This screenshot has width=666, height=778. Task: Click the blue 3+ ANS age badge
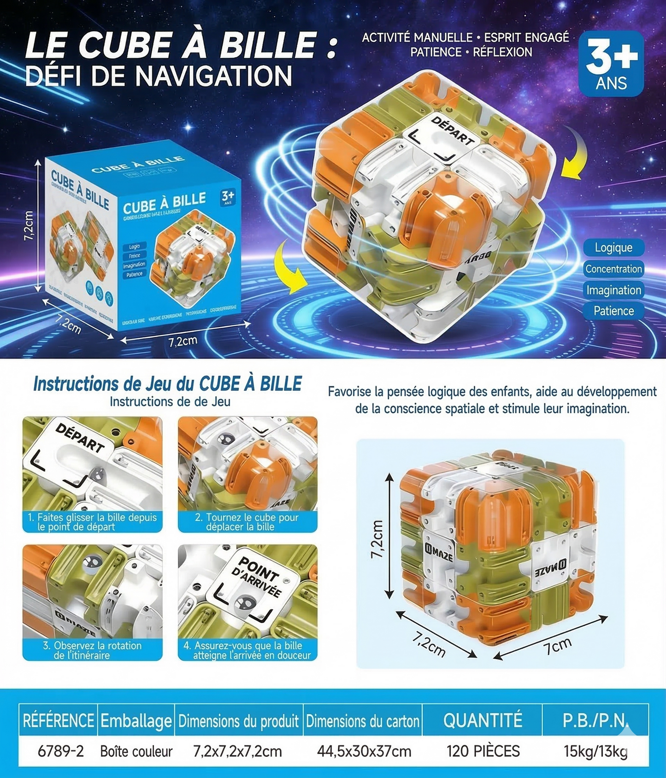[x=611, y=64]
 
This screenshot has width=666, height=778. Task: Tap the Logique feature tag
[x=613, y=248]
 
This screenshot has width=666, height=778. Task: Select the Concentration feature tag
[x=613, y=269]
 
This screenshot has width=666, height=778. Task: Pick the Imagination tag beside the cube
[x=613, y=290]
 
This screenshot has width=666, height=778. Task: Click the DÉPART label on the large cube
[x=452, y=130]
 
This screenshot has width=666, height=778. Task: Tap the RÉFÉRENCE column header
[x=59, y=720]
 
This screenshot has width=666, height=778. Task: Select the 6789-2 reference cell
[x=61, y=751]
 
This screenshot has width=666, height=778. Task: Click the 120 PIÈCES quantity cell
[x=483, y=751]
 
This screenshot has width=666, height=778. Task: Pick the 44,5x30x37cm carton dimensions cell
[x=364, y=751]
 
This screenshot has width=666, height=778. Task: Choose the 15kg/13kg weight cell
[x=595, y=751]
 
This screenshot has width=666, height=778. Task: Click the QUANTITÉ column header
[x=483, y=720]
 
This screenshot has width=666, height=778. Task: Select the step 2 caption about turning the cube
[x=247, y=522]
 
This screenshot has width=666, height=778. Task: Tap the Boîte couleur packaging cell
[x=136, y=751]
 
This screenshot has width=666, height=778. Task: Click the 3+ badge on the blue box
[x=228, y=197]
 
